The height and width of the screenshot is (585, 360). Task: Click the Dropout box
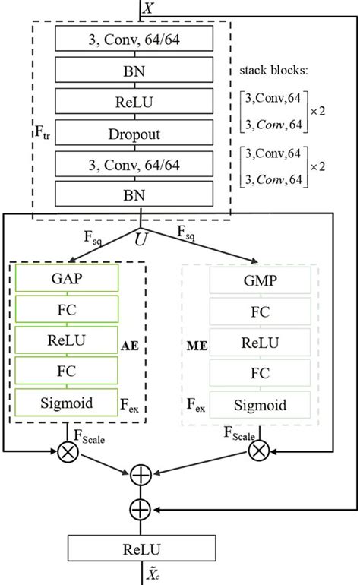click(x=132, y=134)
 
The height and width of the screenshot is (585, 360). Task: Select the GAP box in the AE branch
click(x=68, y=278)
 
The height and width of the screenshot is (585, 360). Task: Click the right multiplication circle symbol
click(x=258, y=451)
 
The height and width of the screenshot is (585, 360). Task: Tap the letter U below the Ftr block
click(x=141, y=239)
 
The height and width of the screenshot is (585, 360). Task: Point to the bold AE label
click(x=130, y=344)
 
